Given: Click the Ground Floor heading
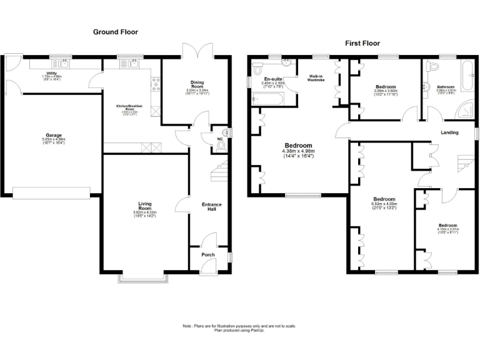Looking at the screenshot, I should (x=116, y=32).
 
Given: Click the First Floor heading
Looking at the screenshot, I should (x=362, y=43).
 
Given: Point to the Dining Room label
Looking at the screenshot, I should (x=197, y=84).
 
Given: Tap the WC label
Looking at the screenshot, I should (x=221, y=139).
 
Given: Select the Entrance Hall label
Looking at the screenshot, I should (x=211, y=207).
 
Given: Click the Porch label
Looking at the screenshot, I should (x=207, y=255).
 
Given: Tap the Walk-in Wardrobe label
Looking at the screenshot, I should (x=314, y=78).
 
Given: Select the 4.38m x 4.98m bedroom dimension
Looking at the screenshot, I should (x=298, y=152).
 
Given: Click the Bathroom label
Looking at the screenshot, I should (x=446, y=87).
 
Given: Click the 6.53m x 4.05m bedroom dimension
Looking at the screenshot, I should (x=384, y=203).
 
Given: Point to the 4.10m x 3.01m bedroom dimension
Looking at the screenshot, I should (x=447, y=229).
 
